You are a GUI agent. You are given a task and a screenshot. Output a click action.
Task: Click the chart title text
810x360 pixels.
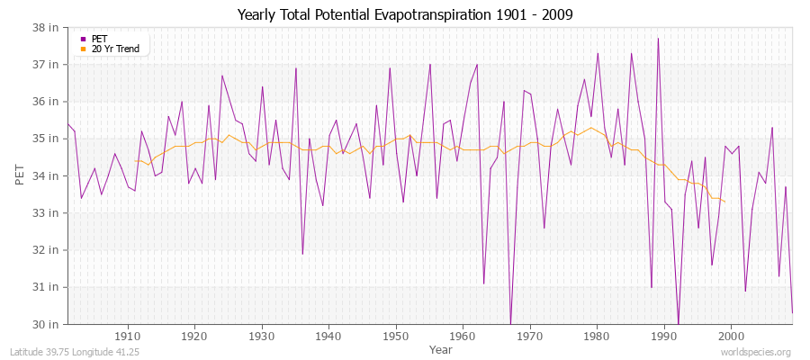[405, 14]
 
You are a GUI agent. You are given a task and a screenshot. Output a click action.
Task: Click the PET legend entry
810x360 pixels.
[99, 39]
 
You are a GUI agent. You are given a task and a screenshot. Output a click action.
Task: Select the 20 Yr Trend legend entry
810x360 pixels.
[115, 49]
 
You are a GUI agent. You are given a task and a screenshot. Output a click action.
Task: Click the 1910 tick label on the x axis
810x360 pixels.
[128, 336]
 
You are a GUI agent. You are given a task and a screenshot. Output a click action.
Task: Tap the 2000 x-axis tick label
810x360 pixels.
[730, 336]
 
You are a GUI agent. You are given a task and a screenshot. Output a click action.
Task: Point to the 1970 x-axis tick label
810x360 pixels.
[529, 336]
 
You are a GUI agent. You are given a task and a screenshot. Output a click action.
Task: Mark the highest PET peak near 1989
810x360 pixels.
[658, 39]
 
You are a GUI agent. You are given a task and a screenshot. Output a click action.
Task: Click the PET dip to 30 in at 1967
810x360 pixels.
[510, 323]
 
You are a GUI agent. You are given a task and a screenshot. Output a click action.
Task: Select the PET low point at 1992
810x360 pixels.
[678, 323]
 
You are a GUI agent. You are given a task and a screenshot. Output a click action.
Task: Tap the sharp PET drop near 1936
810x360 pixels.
[302, 253]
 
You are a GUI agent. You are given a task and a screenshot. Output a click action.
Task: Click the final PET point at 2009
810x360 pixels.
[792, 311]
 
